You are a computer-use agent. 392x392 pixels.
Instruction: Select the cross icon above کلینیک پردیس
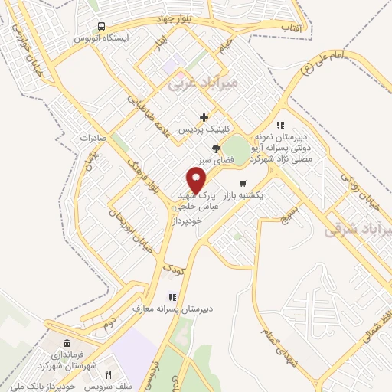click(x=204, y=117)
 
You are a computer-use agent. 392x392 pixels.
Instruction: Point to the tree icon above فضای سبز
click(x=217, y=149)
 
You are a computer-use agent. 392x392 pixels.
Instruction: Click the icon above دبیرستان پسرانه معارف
click(x=173, y=298)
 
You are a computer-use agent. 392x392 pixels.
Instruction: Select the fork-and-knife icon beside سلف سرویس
click(x=108, y=374)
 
